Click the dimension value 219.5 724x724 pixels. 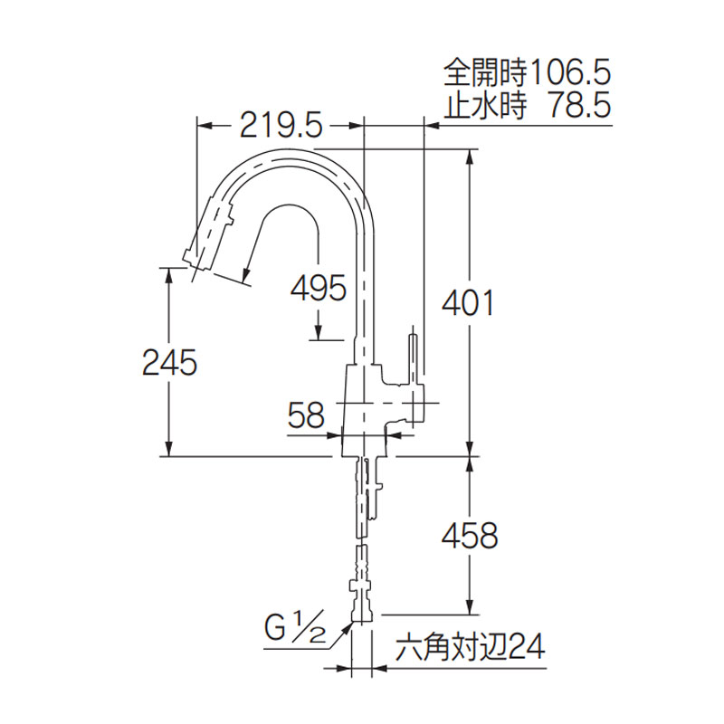pyautogui.click(x=281, y=125)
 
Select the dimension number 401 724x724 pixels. pyautogui.click(x=468, y=303)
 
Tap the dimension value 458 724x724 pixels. pyautogui.click(x=470, y=536)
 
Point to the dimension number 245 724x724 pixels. pyautogui.click(x=169, y=362)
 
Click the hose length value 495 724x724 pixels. pyautogui.click(x=319, y=288)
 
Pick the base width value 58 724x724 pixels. pyautogui.click(x=307, y=414)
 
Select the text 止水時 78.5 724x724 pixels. pyautogui.click(x=528, y=105)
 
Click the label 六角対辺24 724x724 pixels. pyautogui.click(x=471, y=647)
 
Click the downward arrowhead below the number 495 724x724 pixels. pyautogui.click(x=319, y=331)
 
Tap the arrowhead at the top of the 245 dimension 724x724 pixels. pyautogui.click(x=169, y=276)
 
